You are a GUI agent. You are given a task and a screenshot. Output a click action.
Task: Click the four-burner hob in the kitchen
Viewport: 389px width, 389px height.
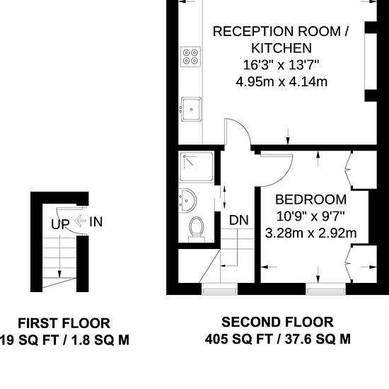pos(190,57)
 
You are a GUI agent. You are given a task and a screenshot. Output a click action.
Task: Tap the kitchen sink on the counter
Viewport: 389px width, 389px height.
pos(191,109)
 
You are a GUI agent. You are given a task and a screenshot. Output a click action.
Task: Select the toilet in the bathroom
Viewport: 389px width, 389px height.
pos(197,229)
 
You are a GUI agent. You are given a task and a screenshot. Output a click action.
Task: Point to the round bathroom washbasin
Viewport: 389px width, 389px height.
pos(187,200)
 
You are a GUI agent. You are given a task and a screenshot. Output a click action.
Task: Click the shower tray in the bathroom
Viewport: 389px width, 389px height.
pos(197,167)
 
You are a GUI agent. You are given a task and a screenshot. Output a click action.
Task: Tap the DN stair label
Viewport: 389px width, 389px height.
pos(238,220)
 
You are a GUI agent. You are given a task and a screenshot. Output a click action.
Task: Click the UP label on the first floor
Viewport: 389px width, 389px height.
pos(60,224)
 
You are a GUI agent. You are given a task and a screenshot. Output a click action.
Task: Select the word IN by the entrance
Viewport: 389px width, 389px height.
pos(95,221)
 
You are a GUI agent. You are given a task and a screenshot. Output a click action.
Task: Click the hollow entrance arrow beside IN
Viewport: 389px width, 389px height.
pos(80,221)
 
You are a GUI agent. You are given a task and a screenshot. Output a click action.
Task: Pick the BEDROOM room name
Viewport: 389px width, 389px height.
pos(311,199)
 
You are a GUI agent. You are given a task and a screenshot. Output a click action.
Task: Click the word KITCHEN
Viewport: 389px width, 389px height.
pos(281,48)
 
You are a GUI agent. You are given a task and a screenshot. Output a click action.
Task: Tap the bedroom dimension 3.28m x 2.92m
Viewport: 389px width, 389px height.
pos(311,233)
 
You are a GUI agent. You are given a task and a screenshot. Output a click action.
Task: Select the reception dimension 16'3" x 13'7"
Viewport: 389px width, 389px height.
pos(281,65)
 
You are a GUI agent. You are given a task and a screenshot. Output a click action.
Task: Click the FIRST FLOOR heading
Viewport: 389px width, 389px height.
pos(64,323)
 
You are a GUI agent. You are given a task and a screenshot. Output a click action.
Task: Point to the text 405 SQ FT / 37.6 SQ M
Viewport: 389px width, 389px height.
pos(278,339)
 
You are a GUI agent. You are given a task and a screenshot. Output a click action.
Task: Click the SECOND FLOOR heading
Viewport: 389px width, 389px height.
pos(277,322)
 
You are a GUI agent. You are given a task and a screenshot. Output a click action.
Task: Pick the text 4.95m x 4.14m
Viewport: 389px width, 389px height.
pos(281,82)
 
